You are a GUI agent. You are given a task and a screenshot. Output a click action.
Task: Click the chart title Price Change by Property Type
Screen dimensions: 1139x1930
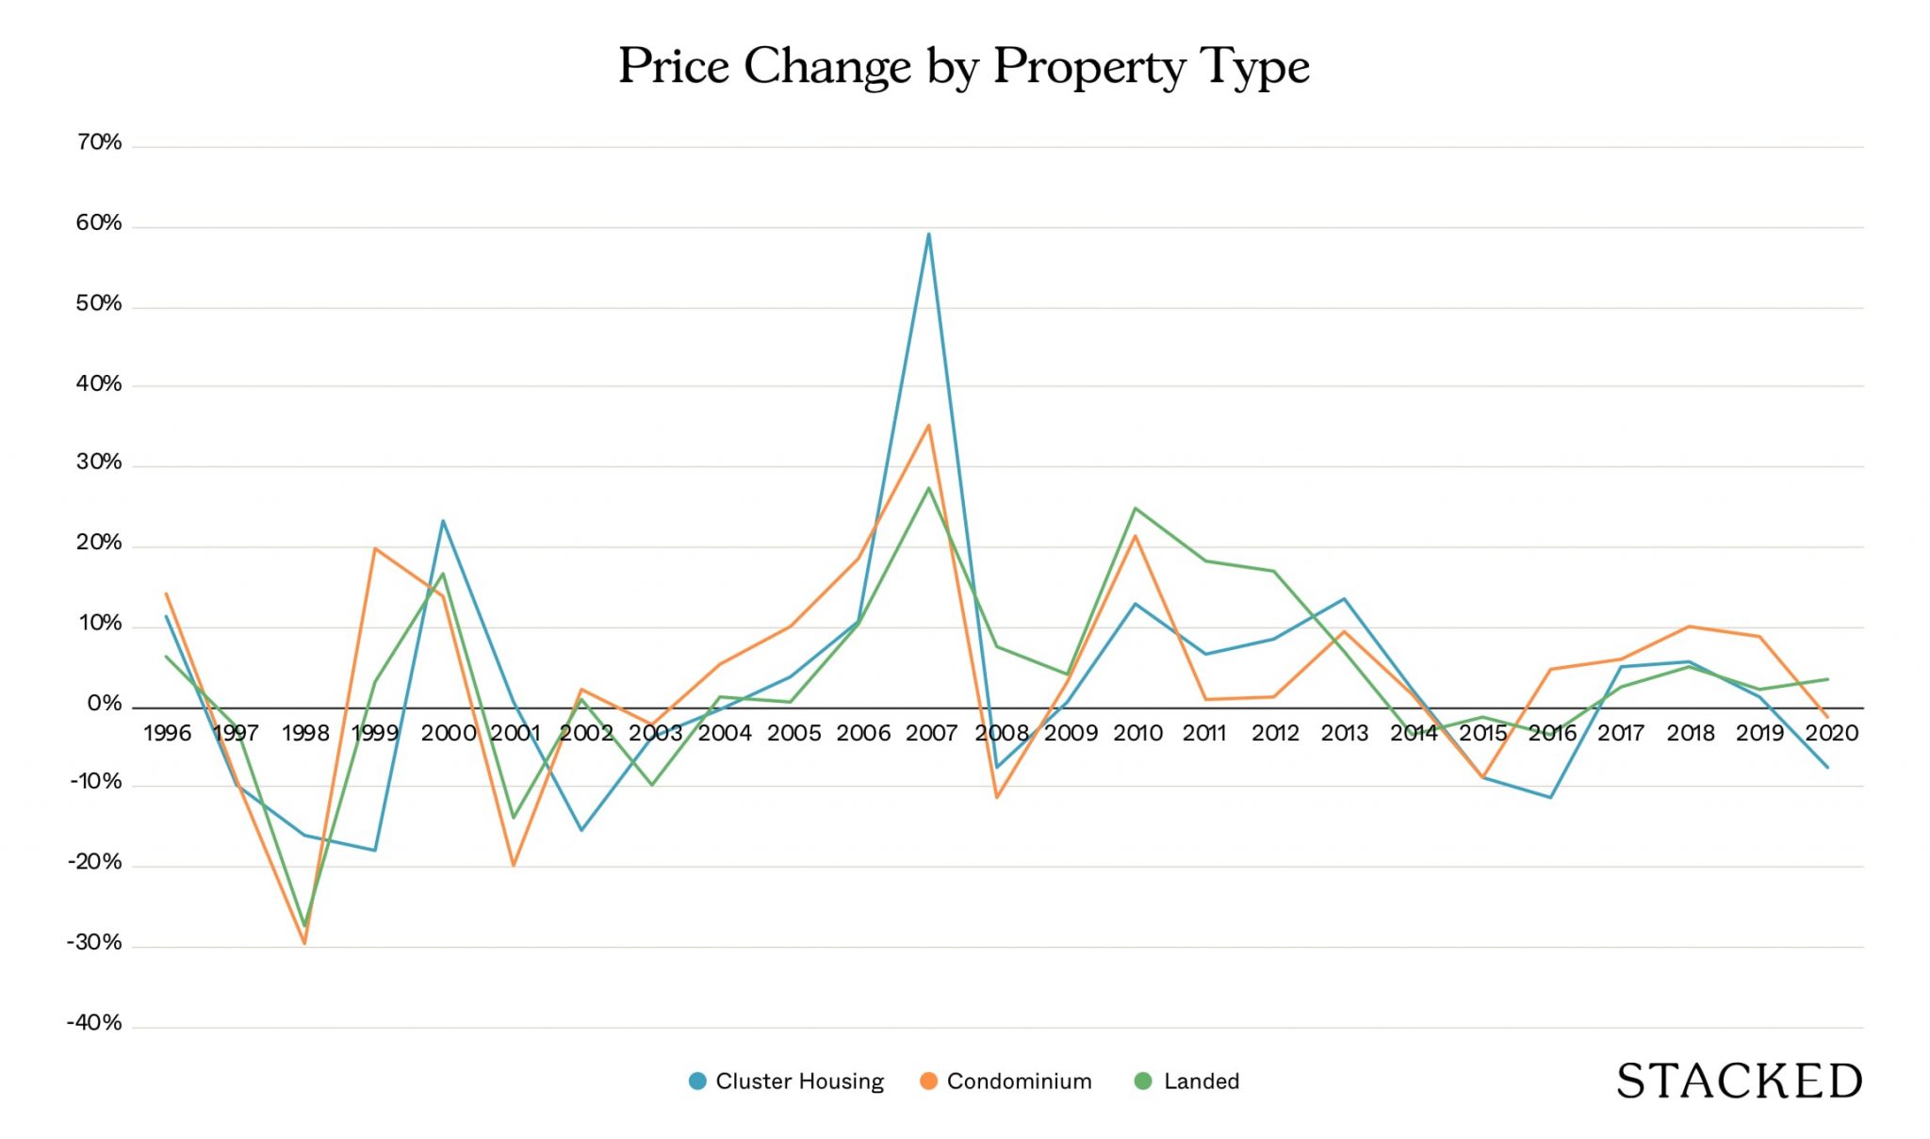pos(963,67)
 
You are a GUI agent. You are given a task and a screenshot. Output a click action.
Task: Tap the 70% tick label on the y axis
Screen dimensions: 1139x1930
pos(99,142)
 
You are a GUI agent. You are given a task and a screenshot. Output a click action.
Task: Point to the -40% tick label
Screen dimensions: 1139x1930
pos(94,1023)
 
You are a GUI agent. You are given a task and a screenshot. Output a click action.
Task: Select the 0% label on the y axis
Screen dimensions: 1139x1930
pos(105,704)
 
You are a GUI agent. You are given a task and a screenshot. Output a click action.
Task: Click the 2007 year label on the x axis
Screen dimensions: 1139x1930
pos(931,733)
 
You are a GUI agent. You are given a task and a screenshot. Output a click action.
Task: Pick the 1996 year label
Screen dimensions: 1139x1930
pos(167,733)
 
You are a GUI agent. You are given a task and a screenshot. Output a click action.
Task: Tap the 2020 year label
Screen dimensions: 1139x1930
pos(1831,733)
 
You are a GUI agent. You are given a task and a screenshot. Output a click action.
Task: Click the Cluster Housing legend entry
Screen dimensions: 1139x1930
pos(787,1082)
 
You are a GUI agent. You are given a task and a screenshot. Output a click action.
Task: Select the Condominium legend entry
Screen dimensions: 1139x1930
pos(1006,1082)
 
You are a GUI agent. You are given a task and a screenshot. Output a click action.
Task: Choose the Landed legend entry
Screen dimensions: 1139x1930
pos(1187,1082)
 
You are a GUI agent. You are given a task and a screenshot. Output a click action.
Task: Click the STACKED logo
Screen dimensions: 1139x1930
pos(1740,1082)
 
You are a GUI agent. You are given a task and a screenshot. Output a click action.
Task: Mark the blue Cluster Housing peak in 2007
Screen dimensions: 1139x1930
pos(929,234)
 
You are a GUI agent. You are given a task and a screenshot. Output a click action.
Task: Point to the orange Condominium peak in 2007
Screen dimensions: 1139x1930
pos(929,425)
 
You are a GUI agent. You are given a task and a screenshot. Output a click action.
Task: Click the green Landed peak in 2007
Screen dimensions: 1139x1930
pos(929,488)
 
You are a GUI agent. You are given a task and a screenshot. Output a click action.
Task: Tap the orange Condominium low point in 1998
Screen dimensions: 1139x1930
pos(304,943)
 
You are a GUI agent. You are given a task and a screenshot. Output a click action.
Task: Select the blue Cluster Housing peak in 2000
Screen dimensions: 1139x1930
pos(443,521)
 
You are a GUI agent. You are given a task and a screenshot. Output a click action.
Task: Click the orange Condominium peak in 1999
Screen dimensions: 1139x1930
pos(375,548)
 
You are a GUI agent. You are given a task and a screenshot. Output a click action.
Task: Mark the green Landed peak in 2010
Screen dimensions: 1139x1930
pos(1136,509)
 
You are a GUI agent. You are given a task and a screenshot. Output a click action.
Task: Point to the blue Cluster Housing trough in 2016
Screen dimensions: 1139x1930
pos(1550,798)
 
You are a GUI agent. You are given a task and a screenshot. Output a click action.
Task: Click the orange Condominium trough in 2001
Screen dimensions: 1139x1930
pos(514,865)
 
